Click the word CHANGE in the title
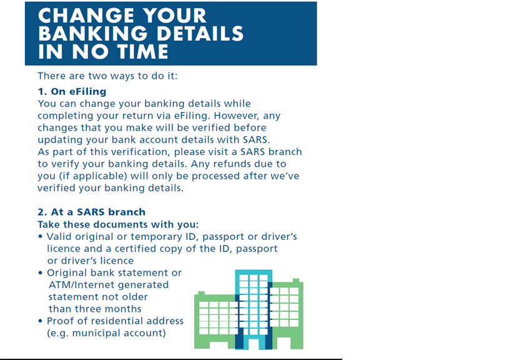(x=86, y=16)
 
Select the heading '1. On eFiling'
(x=72, y=92)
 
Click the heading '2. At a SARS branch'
(x=92, y=212)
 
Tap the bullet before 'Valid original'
(x=41, y=237)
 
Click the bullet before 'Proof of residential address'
(x=41, y=321)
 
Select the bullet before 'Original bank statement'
(x=41, y=272)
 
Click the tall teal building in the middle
(x=254, y=309)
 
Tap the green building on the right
(x=288, y=314)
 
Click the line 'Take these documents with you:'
(x=118, y=224)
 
